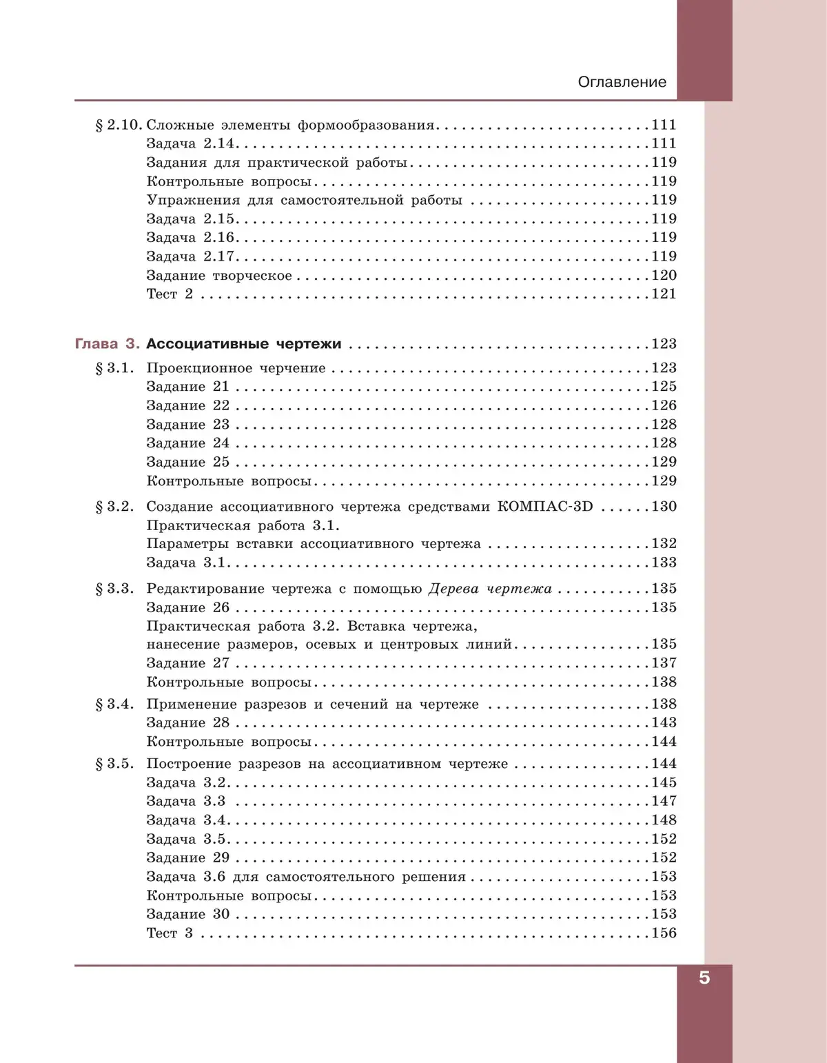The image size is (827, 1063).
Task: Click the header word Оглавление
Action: [622, 82]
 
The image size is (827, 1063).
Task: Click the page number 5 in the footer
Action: [704, 978]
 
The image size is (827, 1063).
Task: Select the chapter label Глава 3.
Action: [107, 344]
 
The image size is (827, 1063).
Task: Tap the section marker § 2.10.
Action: [119, 125]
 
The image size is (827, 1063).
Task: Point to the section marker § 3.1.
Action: [114, 368]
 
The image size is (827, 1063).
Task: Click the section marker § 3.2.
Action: [114, 507]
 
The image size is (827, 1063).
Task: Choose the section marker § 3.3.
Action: [114, 589]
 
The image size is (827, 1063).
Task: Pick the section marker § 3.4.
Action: [114, 704]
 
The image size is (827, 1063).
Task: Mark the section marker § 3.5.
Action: [114, 764]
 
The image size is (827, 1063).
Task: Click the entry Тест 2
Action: [170, 294]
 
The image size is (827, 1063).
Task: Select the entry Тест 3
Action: [170, 933]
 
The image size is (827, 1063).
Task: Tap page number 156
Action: [664, 933]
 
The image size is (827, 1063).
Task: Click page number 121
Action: [664, 294]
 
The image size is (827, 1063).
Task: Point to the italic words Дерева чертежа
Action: [490, 589]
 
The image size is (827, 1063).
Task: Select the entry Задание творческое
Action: [219, 276]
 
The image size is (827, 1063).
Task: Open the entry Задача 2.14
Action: [190, 143]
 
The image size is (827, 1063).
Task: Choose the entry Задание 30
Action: [187, 914]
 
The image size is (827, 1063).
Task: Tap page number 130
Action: [664, 507]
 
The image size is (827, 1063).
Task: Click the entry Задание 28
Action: [187, 722]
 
